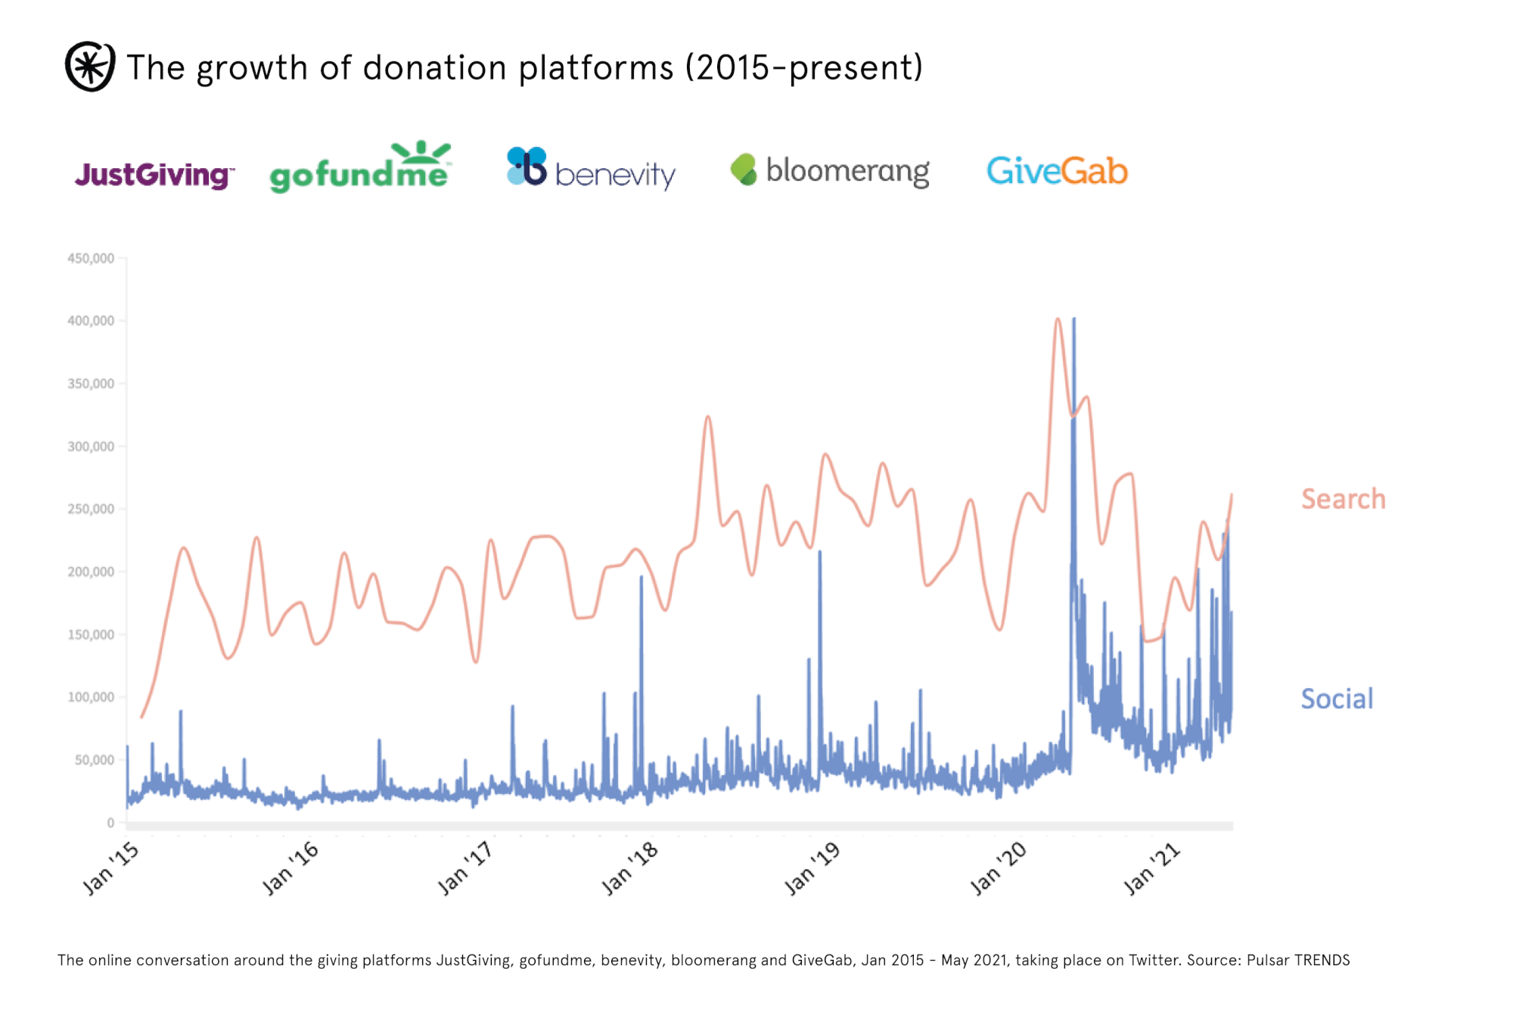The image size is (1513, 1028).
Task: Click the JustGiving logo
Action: coord(154,175)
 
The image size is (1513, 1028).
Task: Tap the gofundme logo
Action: coord(360,168)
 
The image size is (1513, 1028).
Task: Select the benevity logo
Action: coord(591,168)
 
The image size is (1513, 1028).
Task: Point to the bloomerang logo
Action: coord(830,170)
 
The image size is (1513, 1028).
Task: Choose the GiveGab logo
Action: coord(1057,170)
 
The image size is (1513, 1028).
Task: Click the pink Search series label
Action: coord(1343,499)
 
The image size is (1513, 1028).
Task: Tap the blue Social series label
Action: coord(1337,699)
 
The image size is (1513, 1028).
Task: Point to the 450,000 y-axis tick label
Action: coord(91,259)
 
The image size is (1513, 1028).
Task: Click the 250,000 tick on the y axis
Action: coord(91,509)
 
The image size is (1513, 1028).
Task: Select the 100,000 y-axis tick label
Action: coord(91,697)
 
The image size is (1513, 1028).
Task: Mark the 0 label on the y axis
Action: coord(110,823)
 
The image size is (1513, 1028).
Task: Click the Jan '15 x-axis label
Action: coord(110,868)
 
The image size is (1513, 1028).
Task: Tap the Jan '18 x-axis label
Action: coord(629,868)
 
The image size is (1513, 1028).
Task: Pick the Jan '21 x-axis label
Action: coord(1151,868)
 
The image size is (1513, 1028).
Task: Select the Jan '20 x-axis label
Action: coord(998,868)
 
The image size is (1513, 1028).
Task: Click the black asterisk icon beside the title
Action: coord(90,67)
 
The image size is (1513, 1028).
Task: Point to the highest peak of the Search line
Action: coord(1058,319)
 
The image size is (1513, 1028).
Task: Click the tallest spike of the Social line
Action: coord(1074,319)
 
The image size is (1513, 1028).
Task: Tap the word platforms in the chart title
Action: coord(596,68)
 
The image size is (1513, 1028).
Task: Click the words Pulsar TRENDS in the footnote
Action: coord(1298,961)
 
